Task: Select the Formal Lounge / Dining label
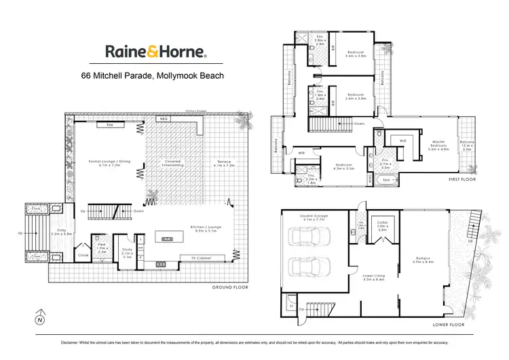[x=105, y=163]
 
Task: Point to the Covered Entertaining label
[x=171, y=163]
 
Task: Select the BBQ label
[x=163, y=120]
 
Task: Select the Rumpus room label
[x=425, y=257]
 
